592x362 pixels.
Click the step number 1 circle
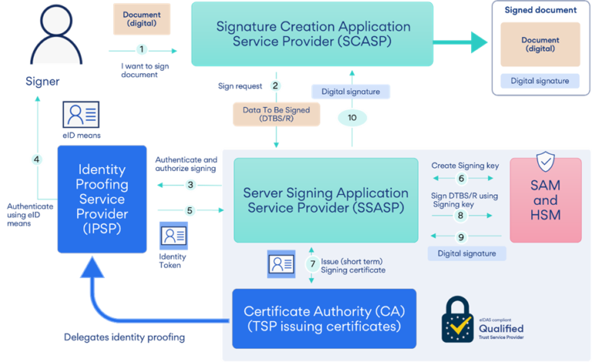(140, 50)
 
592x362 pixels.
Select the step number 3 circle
(190, 185)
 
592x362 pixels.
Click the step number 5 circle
(190, 209)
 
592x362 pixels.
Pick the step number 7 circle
(312, 263)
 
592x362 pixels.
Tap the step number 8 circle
(461, 216)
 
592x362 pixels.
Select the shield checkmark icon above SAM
(544, 163)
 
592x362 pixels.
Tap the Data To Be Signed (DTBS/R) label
(276, 114)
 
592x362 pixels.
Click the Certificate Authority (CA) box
(324, 319)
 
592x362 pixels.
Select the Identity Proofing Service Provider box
(102, 198)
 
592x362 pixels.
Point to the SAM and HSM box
(545, 200)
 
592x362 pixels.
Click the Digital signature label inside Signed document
(540, 81)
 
